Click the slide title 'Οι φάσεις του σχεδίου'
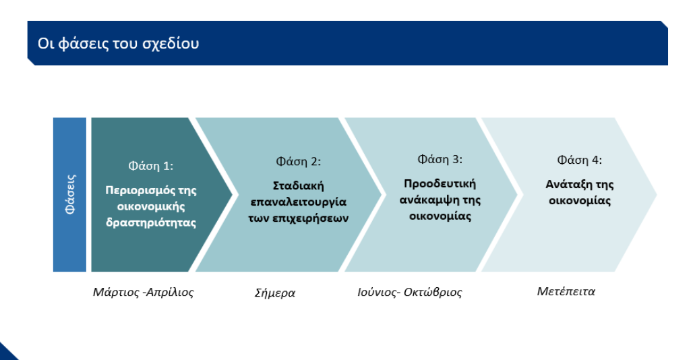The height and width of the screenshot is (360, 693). tap(118, 44)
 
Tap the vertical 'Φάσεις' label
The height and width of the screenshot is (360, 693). tap(70, 194)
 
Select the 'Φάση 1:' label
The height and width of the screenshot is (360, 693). tap(151, 166)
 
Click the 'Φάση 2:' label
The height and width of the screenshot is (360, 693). tap(299, 161)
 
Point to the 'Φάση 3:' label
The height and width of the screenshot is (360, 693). tap(440, 159)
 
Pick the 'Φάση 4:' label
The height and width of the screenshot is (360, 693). tap(580, 160)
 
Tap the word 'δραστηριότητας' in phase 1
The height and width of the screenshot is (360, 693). tap(151, 222)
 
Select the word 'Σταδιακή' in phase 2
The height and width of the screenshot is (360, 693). tap(299, 186)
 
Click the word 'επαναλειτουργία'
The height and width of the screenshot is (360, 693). tap(299, 202)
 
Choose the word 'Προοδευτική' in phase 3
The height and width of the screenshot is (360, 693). tap(440, 184)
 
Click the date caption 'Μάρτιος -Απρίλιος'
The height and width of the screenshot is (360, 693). tap(143, 292)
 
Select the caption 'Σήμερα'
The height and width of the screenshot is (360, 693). tap(275, 293)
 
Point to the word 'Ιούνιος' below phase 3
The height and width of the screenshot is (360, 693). tap(377, 292)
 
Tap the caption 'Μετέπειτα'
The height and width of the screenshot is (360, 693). tap(566, 291)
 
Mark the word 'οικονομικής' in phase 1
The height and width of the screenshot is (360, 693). tap(151, 207)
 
